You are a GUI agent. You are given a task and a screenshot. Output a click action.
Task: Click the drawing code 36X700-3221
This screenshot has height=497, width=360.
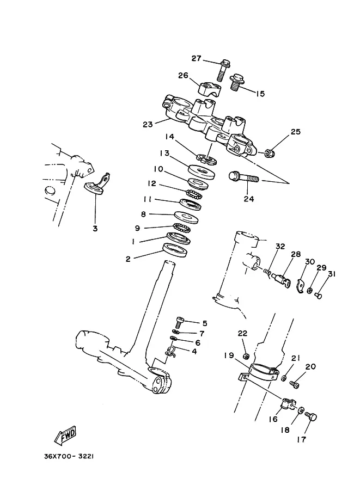(69, 456)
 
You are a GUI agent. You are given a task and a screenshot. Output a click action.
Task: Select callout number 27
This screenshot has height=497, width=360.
(196, 58)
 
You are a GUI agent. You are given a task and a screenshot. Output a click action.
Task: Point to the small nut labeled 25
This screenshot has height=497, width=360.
(270, 154)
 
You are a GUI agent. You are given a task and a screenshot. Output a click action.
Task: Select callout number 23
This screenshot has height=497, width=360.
(148, 125)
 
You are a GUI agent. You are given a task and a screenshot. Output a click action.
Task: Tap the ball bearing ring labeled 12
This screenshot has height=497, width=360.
(194, 194)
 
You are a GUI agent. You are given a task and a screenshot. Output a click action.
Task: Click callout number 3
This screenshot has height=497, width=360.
(95, 229)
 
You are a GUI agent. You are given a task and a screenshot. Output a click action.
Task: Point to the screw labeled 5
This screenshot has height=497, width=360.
(180, 323)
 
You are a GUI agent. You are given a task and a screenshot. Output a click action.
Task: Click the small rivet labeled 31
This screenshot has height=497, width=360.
(319, 295)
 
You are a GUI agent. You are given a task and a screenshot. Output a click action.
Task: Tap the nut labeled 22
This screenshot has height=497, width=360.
(245, 357)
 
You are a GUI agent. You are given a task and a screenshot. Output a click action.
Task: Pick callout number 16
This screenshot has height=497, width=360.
(273, 419)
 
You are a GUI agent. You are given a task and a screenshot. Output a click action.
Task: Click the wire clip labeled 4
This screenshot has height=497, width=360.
(171, 351)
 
